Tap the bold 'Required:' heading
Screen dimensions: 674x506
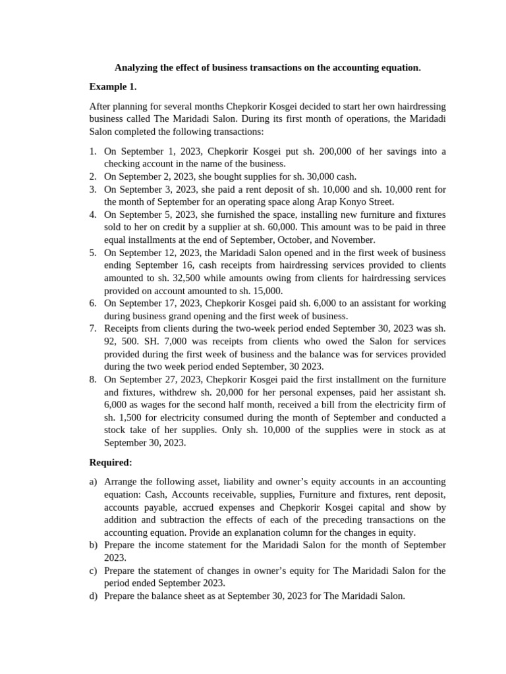(x=111, y=463)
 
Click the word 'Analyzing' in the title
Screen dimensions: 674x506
(x=137, y=68)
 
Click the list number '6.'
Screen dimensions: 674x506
(x=94, y=303)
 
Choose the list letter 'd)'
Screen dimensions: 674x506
(x=94, y=596)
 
